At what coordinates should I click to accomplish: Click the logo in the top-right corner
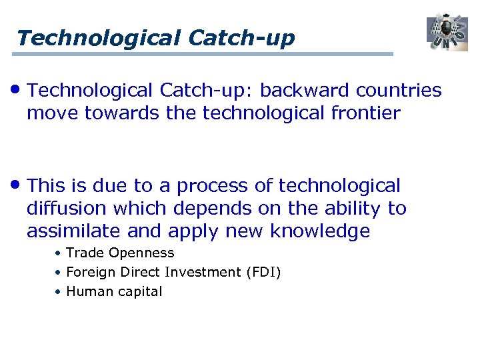[x=447, y=31]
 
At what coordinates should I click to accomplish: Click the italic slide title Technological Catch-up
[x=155, y=37]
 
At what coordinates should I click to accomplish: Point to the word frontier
[x=363, y=113]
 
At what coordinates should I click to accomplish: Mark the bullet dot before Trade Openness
[x=59, y=253]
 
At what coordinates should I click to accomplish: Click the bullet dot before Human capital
[x=59, y=292]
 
